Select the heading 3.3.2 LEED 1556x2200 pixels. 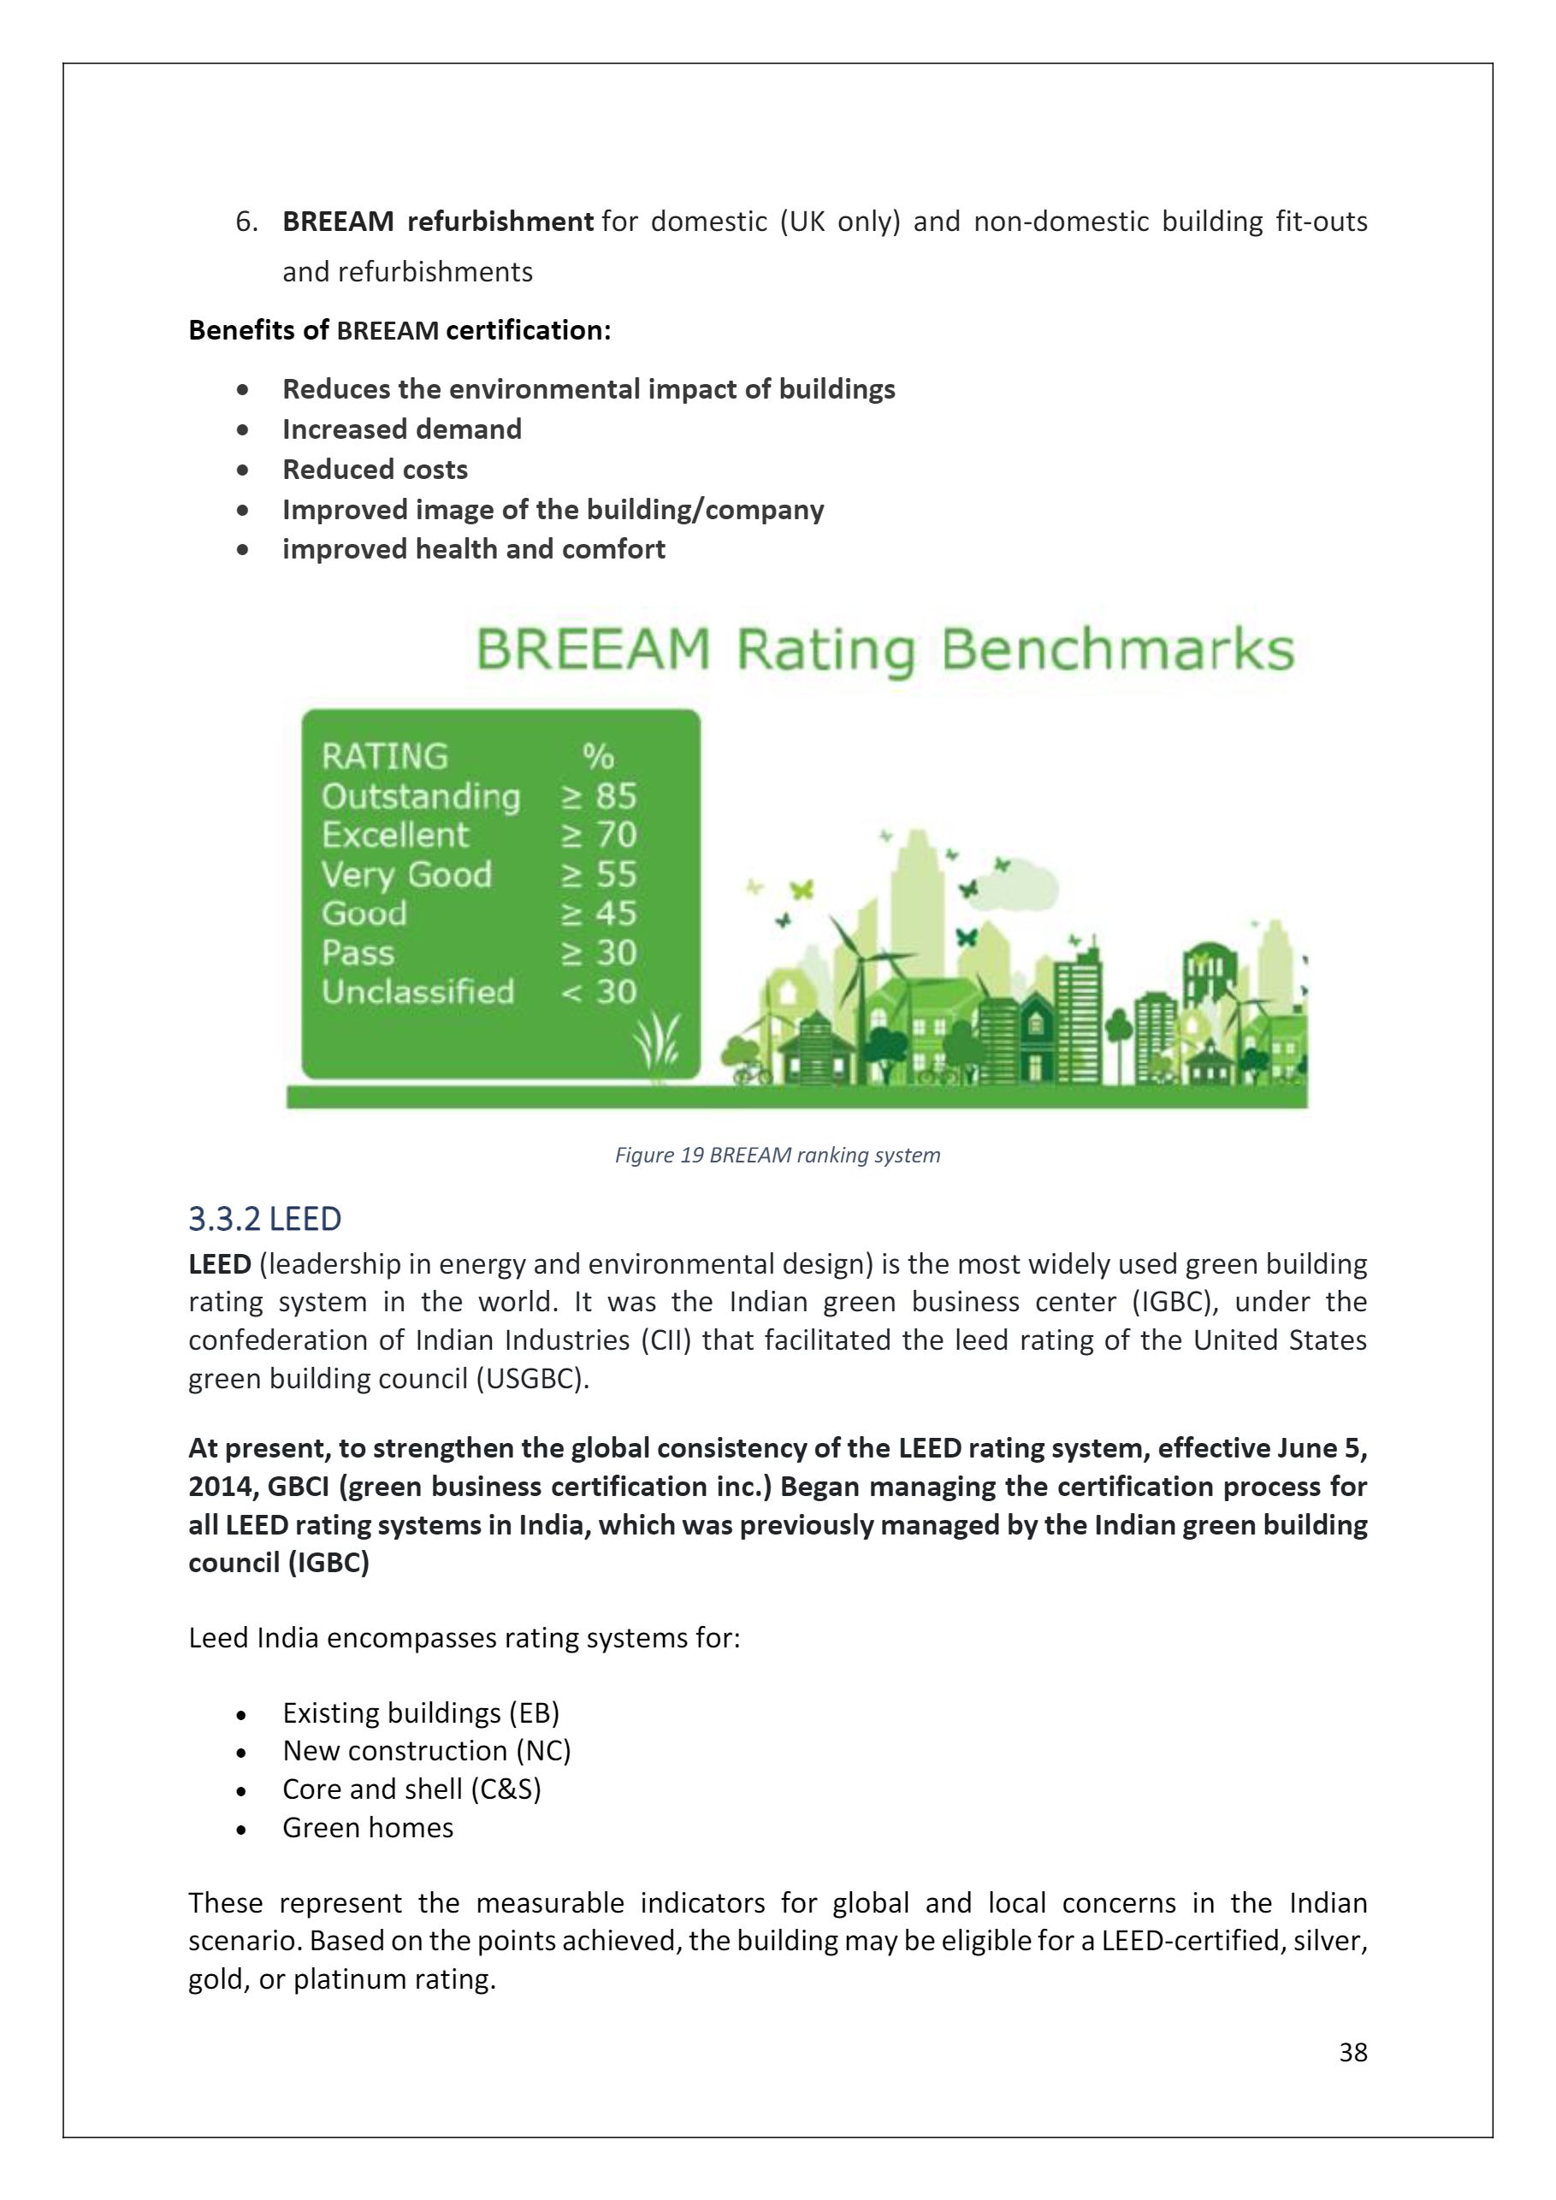(264, 1219)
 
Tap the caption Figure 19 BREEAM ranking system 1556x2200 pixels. (777, 1155)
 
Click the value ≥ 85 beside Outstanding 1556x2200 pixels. (599, 796)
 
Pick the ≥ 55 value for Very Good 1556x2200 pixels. (599, 874)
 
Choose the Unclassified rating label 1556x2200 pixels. (417, 991)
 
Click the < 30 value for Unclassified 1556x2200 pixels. (599, 991)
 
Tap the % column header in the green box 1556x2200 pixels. (598, 757)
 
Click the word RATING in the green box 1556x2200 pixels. (384, 757)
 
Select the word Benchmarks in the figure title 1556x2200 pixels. (1117, 651)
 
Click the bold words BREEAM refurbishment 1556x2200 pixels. (438, 222)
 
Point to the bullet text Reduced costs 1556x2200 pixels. (375, 470)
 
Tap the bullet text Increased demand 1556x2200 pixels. (401, 429)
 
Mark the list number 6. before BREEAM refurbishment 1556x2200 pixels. (247, 222)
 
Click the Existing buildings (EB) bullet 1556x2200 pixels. (421, 1712)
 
